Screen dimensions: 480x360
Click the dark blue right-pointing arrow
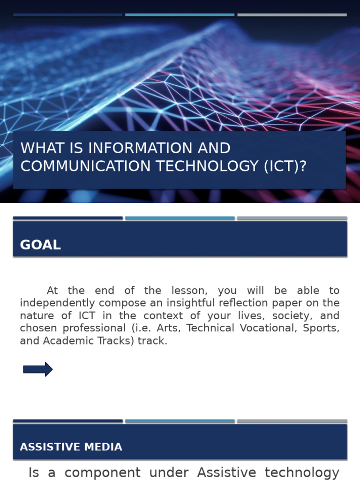38,369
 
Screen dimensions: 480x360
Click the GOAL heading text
40,245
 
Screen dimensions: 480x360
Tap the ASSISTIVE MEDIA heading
71,447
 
